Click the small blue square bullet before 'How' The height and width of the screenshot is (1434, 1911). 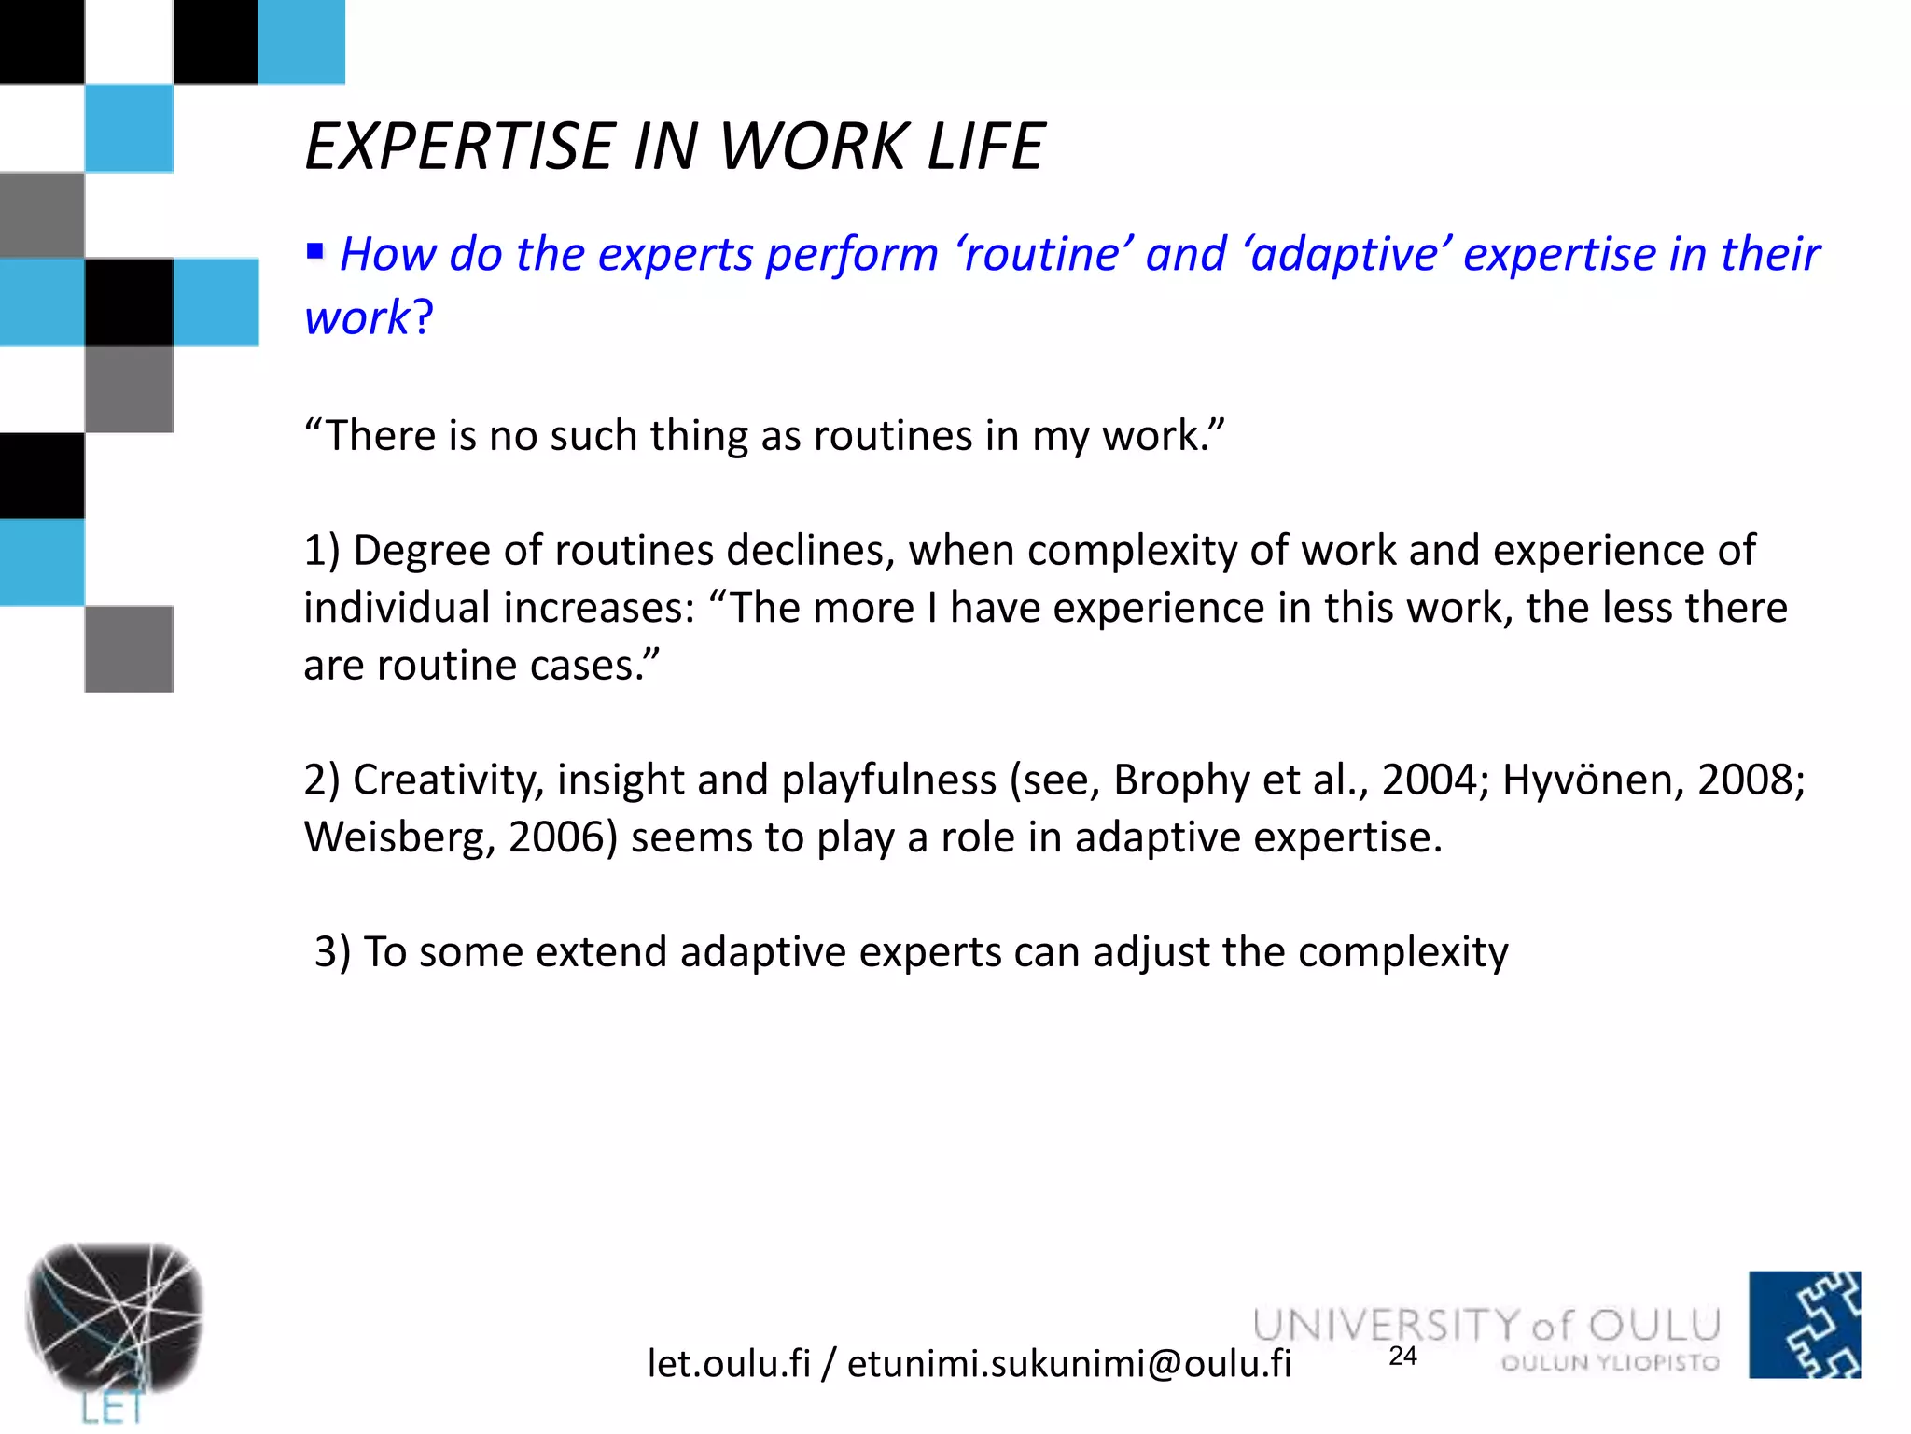315,250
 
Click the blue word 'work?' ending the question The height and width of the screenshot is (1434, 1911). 369,317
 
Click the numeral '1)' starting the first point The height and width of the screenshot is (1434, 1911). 323,551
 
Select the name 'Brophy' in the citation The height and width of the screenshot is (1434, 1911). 1180,780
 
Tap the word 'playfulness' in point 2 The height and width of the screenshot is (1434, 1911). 888,780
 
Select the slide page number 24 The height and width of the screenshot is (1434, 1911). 1402,1356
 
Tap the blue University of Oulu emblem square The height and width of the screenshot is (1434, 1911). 1804,1324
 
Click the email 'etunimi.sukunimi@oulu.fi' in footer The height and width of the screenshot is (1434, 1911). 1068,1364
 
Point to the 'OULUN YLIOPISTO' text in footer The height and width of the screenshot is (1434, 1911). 1610,1363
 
